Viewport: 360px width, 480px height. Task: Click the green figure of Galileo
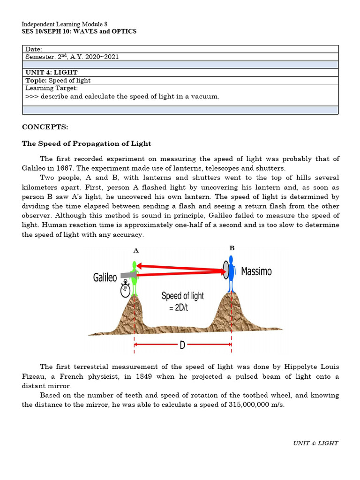point(135,278)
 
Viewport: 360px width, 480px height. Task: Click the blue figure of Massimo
point(231,274)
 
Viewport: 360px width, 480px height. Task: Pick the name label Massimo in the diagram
point(256,271)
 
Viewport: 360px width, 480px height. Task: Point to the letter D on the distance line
point(182,345)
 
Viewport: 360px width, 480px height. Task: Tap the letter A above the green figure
point(136,250)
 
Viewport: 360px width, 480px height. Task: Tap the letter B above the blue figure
point(232,248)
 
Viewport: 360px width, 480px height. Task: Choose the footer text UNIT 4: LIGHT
point(315,443)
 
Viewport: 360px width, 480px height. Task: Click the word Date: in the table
point(34,49)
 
